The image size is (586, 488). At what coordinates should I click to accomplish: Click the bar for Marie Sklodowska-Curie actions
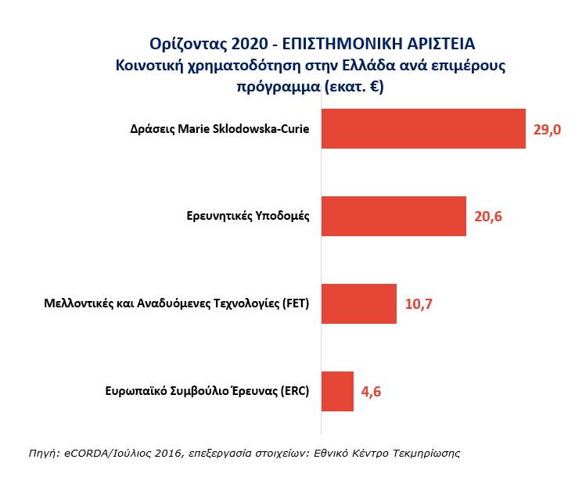tap(423, 129)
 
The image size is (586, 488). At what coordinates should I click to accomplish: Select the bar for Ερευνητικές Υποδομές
tap(394, 216)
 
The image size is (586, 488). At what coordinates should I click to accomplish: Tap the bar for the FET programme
tap(359, 303)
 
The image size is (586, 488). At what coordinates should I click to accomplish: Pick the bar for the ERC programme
tap(337, 391)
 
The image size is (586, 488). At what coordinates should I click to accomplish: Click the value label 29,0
tap(548, 130)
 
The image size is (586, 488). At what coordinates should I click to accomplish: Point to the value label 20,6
tap(487, 217)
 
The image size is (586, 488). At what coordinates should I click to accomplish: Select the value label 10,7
tap(419, 304)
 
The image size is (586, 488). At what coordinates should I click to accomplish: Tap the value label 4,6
tap(371, 392)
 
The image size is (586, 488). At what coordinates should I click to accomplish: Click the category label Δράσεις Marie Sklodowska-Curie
tap(220, 130)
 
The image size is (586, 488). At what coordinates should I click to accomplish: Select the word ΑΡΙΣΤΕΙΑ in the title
tap(437, 42)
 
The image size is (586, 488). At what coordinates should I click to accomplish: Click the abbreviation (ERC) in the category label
tap(294, 392)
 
